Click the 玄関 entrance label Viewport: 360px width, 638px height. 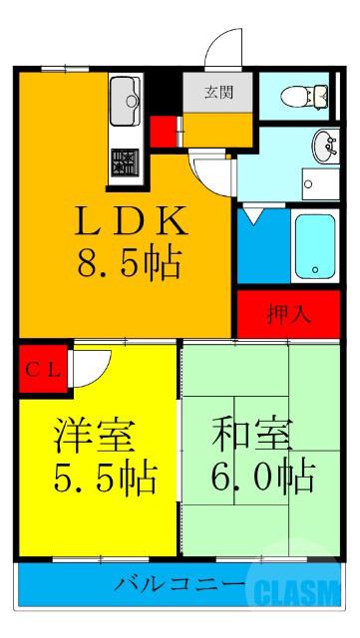coord(219,93)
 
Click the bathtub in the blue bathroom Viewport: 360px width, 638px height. coord(314,246)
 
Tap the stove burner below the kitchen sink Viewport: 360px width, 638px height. coord(127,159)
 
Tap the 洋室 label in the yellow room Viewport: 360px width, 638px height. coord(95,439)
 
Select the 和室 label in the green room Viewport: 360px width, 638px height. coord(251,439)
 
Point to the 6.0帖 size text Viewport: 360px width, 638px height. coord(261,477)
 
